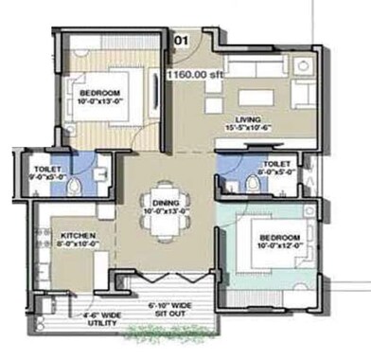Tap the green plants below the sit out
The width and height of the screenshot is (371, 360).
pos(171,333)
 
